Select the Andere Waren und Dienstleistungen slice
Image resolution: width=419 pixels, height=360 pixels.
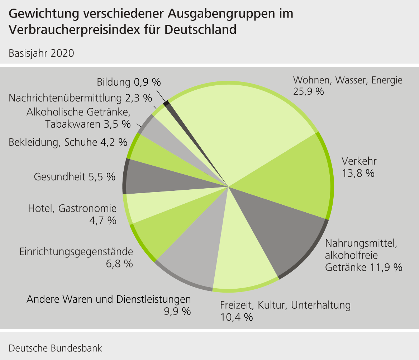[194, 258]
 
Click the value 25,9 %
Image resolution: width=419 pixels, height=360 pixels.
[308, 91]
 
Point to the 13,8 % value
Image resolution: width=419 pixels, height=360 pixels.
[358, 173]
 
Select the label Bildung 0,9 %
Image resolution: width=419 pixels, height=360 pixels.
[129, 82]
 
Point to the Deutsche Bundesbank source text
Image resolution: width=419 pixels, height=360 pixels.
[56, 348]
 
